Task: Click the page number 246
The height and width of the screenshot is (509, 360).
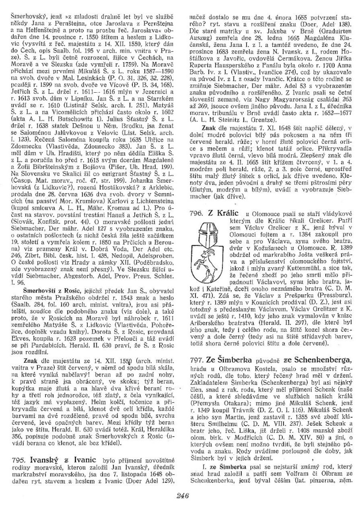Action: point(182,496)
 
